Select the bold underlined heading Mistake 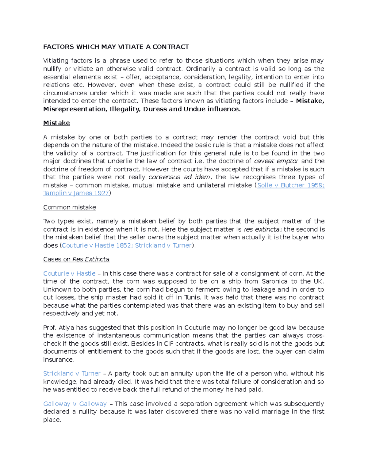pyautogui.click(x=56, y=123)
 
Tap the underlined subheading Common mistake pyautogui.click(x=69, y=208)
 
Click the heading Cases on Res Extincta pyautogui.click(x=76, y=259)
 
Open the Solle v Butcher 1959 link pyautogui.click(x=290, y=185)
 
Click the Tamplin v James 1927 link pyautogui.click(x=76, y=193)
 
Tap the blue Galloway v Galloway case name pyautogui.click(x=75, y=404)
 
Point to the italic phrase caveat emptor pyautogui.click(x=276, y=161)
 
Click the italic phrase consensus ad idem pyautogui.click(x=179, y=177)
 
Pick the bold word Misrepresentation pyautogui.click(x=74, y=109)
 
